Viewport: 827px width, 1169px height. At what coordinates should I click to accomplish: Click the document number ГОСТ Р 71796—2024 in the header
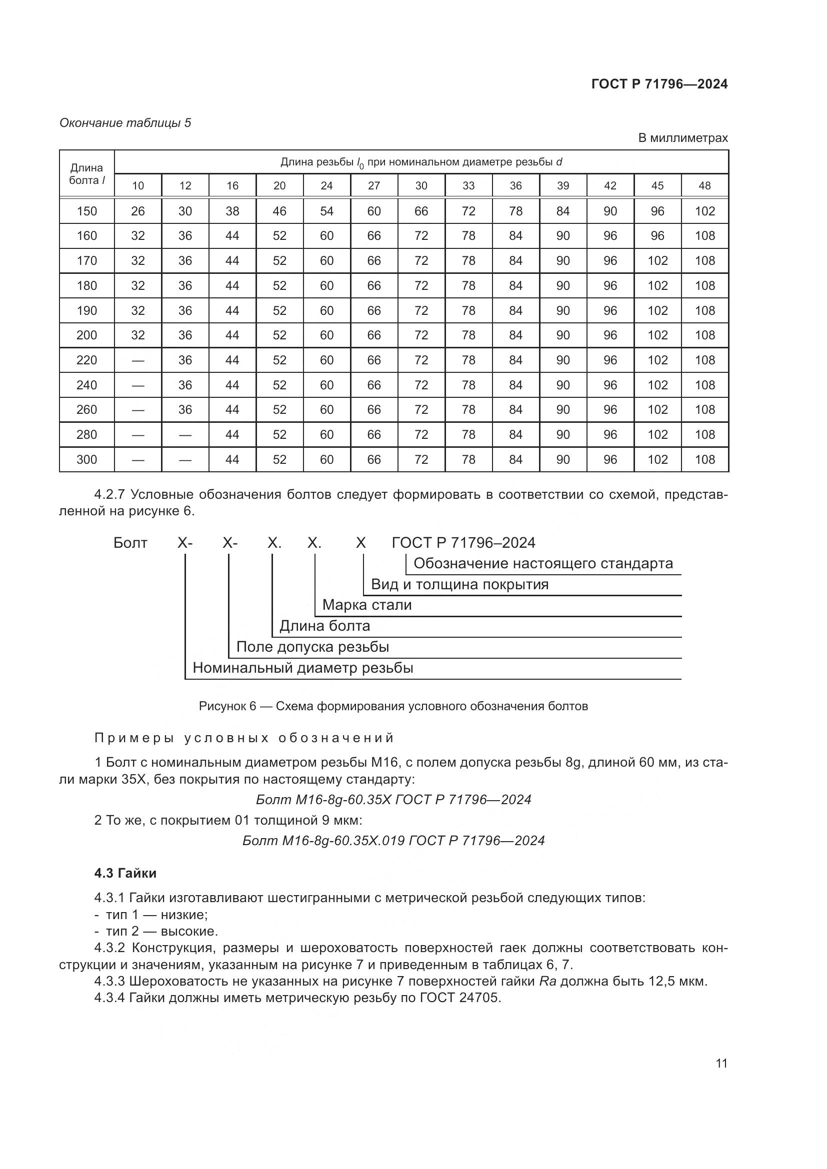tap(659, 84)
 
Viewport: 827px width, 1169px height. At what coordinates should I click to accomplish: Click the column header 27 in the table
tap(374, 186)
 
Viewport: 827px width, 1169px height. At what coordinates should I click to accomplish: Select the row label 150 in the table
tap(86, 211)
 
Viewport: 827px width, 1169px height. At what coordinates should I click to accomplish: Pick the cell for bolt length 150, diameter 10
tap(138, 211)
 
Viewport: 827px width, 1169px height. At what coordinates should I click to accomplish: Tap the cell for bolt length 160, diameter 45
tap(657, 236)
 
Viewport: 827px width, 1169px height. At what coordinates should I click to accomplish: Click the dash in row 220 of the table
tap(138, 360)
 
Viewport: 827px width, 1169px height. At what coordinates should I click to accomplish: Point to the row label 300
tap(86, 460)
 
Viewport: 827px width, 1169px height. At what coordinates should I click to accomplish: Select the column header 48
tap(705, 186)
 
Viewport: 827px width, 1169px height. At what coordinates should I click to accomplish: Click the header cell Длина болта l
tap(86, 174)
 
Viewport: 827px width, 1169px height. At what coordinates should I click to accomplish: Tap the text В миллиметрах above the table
tap(683, 138)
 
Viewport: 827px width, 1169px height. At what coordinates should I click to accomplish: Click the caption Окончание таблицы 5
tap(125, 123)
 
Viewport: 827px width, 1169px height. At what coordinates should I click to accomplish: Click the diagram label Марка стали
tap(366, 605)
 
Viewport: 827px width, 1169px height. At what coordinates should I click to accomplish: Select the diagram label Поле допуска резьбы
tap(312, 647)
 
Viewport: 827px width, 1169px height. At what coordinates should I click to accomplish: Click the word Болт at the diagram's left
tap(130, 543)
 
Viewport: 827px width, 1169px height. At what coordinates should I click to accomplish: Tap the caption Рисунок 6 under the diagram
tap(393, 706)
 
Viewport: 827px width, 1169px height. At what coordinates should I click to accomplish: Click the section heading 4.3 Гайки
tap(125, 873)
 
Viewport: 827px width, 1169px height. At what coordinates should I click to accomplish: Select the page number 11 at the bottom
tap(721, 1063)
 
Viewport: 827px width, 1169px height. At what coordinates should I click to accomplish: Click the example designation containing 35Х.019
tap(393, 841)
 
